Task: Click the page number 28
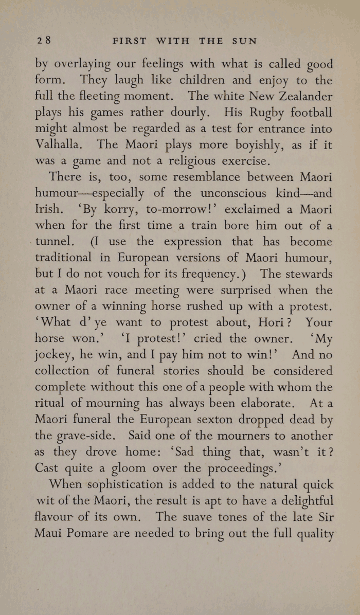tap(42, 40)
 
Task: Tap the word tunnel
tap(56, 242)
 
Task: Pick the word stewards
tap(306, 274)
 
